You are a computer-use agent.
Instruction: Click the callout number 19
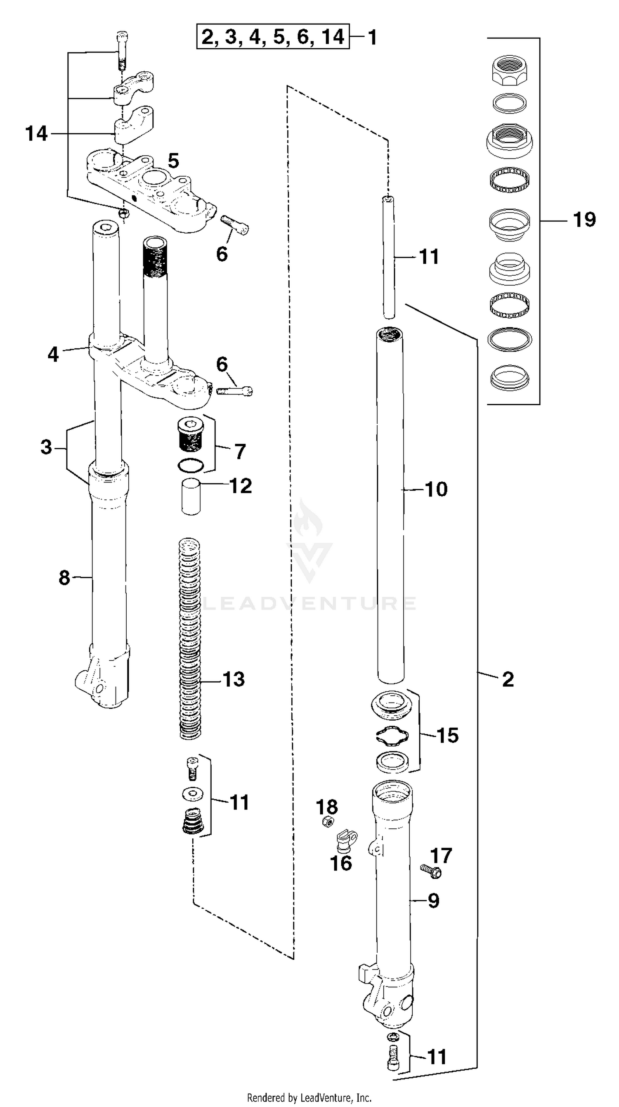coord(584,220)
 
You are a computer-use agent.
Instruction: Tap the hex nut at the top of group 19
coord(509,70)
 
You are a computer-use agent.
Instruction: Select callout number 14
coord(36,134)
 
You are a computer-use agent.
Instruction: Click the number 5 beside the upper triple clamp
coord(173,161)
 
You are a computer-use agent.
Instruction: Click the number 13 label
coord(234,679)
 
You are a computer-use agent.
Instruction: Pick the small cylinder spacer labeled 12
coord(191,497)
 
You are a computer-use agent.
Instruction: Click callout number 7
coord(240,452)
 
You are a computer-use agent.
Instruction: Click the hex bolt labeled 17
coord(431,871)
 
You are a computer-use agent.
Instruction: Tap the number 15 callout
coord(447,735)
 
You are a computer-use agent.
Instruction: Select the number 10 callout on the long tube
coord(436,489)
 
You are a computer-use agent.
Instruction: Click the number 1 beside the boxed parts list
coord(372,38)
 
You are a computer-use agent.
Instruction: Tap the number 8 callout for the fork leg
coord(64,577)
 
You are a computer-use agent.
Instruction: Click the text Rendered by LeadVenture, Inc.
coord(309,1097)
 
